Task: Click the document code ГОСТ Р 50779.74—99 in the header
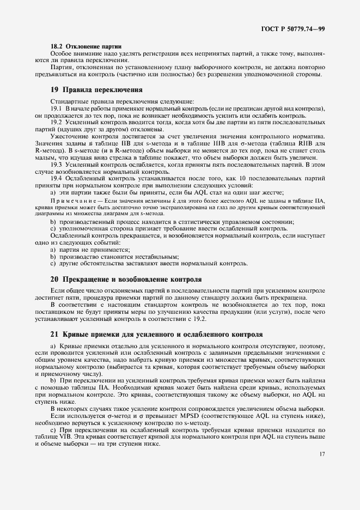(x=294, y=28)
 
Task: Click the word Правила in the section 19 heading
(x=81, y=89)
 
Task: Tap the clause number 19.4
(x=57, y=178)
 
